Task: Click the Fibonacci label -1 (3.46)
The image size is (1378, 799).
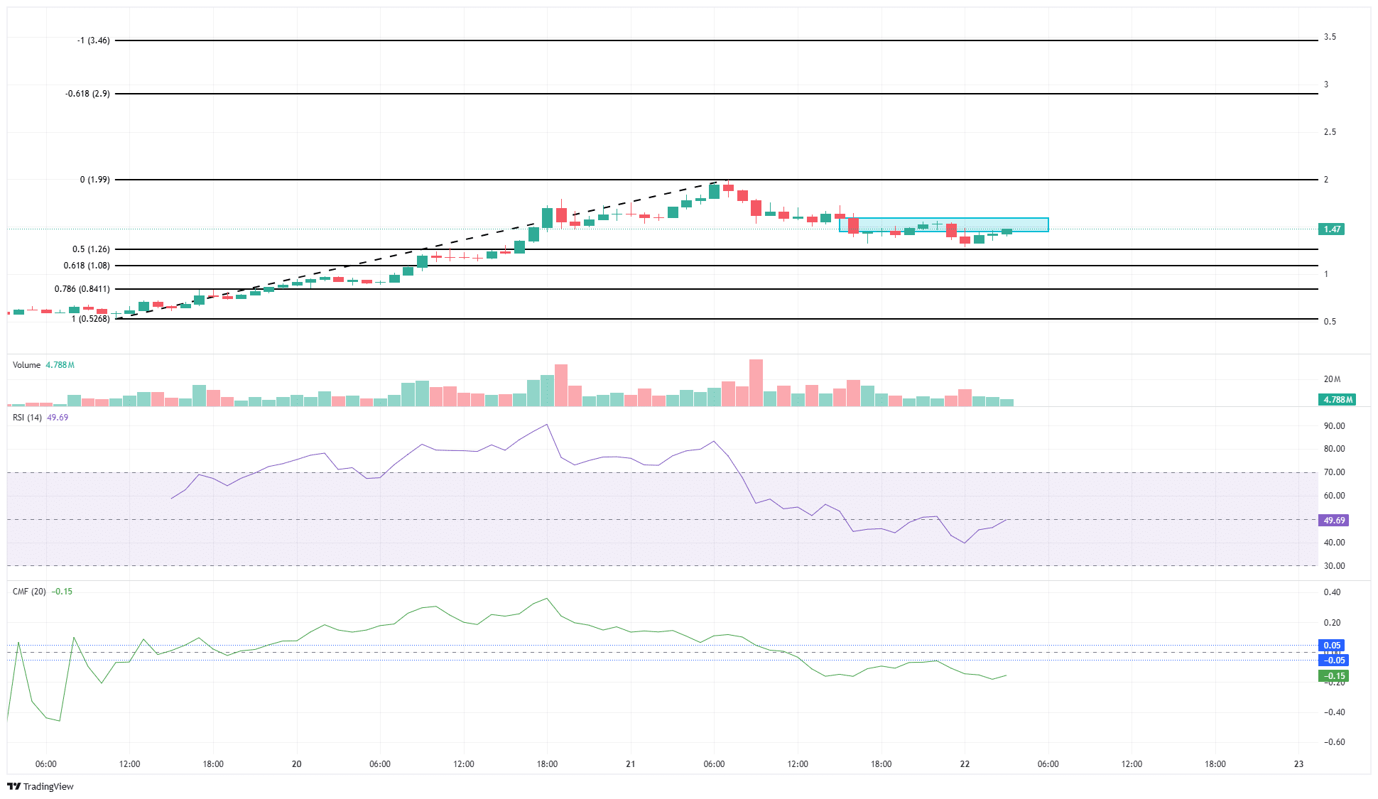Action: click(x=93, y=40)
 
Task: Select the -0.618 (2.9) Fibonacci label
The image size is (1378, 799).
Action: click(x=87, y=94)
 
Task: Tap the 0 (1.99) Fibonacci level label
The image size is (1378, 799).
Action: click(x=94, y=180)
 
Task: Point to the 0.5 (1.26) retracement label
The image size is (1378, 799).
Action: click(x=91, y=249)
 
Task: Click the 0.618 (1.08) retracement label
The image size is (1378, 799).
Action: click(x=87, y=266)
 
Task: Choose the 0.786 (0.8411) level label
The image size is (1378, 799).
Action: click(x=82, y=289)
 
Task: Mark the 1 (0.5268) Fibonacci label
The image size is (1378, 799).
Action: click(x=90, y=319)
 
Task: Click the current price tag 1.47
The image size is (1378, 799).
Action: click(x=1332, y=229)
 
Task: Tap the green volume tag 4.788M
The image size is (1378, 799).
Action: click(x=1337, y=399)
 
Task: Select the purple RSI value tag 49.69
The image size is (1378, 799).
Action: click(x=1334, y=521)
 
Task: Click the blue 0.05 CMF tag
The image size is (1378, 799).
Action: click(x=1332, y=646)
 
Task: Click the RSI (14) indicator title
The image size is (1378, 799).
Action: click(x=27, y=418)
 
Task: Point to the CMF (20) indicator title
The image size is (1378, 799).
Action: click(x=29, y=592)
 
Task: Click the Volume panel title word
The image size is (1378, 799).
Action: click(x=26, y=365)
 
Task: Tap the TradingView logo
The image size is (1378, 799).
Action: click(x=40, y=786)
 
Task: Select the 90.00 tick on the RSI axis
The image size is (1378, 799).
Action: click(x=1334, y=426)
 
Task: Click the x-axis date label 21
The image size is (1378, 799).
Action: click(x=630, y=764)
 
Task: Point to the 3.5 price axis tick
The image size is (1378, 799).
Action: click(x=1330, y=37)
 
